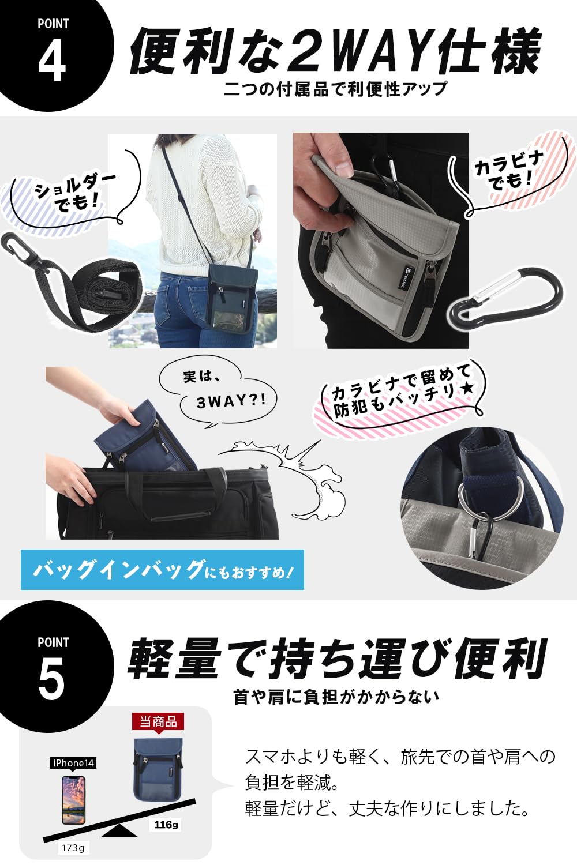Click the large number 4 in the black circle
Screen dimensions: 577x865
coord(52,61)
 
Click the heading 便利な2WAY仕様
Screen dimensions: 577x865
coord(335,52)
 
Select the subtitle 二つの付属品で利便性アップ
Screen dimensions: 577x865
coord(335,89)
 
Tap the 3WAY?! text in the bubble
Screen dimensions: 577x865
coord(231,401)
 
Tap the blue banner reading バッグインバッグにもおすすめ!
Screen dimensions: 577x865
coord(162,570)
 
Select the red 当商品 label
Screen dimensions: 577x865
coord(158,721)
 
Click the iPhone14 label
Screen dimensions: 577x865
coord(73,763)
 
